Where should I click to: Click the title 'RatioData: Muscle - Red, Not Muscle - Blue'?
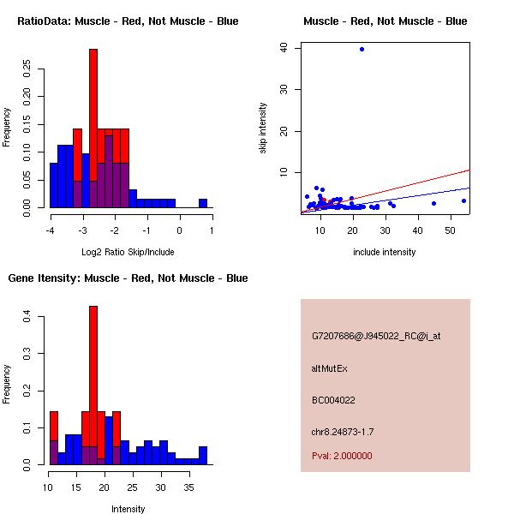pos(128,21)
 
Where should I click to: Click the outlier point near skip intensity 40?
pos(362,50)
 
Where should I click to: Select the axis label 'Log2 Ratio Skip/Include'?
pos(128,252)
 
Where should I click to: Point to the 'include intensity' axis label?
pos(385,252)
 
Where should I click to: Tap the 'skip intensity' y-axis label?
pos(263,128)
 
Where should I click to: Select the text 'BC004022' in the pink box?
pos(334,400)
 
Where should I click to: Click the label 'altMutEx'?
pos(330,368)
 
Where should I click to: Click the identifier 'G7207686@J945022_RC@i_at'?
pos(377,337)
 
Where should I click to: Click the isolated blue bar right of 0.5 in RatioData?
pos(203,203)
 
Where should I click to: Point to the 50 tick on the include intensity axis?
pos(451,230)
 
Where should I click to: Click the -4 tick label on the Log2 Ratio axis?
pos(50,230)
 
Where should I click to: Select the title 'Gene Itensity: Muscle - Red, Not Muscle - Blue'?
pos(128,278)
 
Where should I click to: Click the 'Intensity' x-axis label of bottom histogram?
pos(128,509)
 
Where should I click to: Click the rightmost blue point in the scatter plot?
pos(463,200)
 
